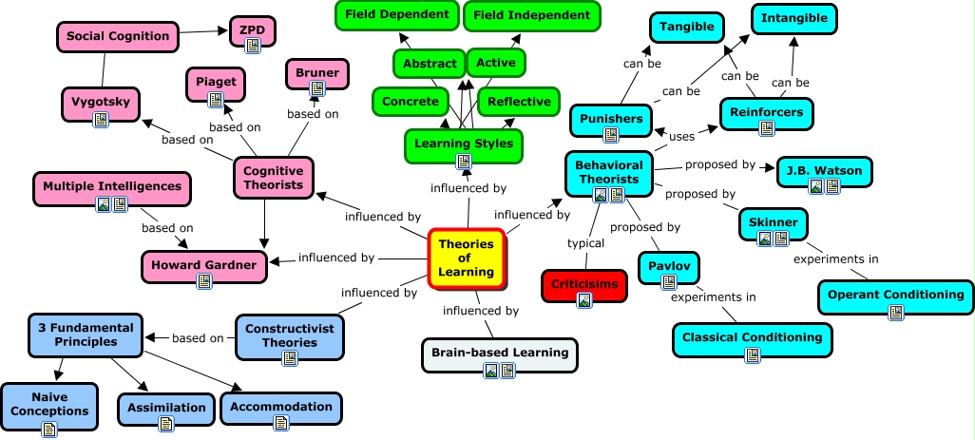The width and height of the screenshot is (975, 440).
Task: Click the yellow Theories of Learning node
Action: (466, 258)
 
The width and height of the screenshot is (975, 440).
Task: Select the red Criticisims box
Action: (584, 285)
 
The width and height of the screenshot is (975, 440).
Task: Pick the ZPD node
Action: (253, 30)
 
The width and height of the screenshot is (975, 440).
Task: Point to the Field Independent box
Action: (531, 15)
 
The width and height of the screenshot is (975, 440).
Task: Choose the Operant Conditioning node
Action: (895, 296)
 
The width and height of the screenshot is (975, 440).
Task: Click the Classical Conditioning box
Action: (752, 338)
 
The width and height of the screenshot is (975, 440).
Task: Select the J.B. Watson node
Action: (823, 173)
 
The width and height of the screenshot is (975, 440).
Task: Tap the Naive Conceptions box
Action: (48, 407)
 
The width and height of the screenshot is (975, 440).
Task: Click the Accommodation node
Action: (280, 408)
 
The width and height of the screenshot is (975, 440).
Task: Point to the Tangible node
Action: (686, 28)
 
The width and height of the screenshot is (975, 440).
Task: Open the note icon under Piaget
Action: (215, 99)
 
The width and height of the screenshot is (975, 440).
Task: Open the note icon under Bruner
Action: (317, 88)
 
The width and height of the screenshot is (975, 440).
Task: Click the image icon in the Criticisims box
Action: (585, 300)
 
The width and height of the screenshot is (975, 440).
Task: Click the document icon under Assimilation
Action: (165, 423)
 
